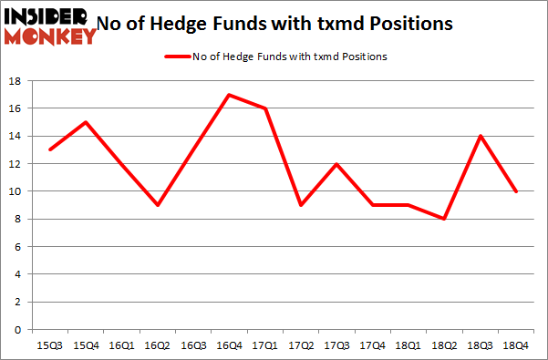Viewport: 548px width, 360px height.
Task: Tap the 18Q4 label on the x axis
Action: click(517, 346)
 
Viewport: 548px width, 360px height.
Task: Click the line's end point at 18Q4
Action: click(517, 190)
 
